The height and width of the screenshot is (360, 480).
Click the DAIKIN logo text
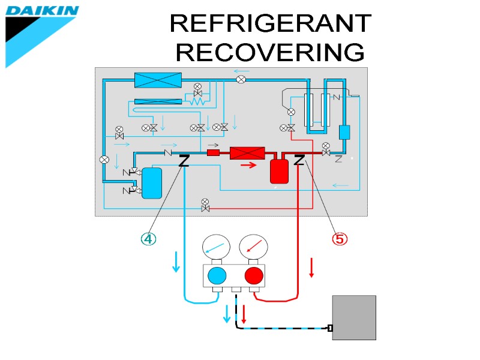pyautogui.click(x=42, y=10)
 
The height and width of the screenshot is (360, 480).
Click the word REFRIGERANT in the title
pyautogui.click(x=270, y=24)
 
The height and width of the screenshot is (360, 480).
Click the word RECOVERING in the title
pyautogui.click(x=270, y=52)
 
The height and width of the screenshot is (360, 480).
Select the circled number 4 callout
pyautogui.click(x=148, y=239)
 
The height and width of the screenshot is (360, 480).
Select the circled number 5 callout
pyautogui.click(x=340, y=239)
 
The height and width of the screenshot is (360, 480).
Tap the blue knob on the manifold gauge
pyautogui.click(x=217, y=276)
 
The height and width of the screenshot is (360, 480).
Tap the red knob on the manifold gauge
pyautogui.click(x=254, y=276)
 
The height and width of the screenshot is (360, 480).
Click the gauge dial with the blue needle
pyautogui.click(x=217, y=246)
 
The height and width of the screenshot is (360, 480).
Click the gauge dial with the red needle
pyautogui.click(x=254, y=246)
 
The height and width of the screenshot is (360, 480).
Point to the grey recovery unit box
pyautogui.click(x=354, y=317)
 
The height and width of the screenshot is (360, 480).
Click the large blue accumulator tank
pyautogui.click(x=152, y=183)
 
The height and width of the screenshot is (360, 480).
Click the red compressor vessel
pyautogui.click(x=279, y=171)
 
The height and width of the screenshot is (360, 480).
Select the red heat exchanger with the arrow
pyautogui.click(x=248, y=153)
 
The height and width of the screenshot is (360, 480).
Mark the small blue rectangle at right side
pyautogui.click(x=344, y=133)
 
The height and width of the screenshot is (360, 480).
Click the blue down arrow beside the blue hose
pyautogui.click(x=176, y=262)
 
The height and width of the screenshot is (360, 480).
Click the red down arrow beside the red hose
pyautogui.click(x=311, y=267)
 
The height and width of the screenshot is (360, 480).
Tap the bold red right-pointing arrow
pyautogui.click(x=248, y=166)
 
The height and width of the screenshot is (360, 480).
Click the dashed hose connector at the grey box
pyautogui.click(x=330, y=328)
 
